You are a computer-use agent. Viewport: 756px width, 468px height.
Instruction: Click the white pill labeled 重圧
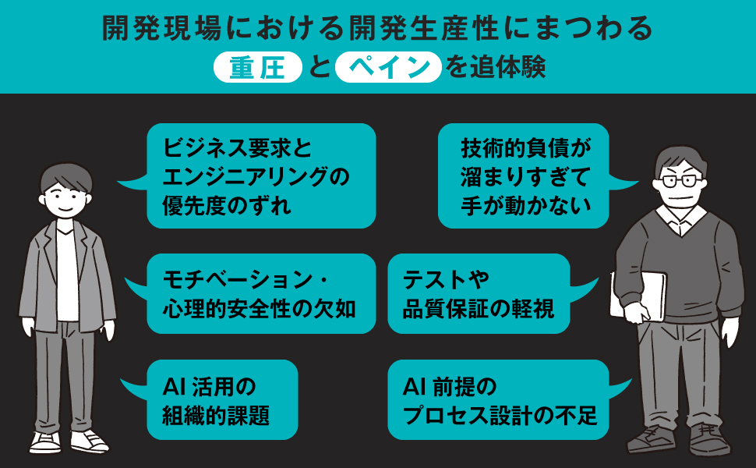coord(257,67)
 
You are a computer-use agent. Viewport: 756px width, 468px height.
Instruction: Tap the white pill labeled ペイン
coord(388,67)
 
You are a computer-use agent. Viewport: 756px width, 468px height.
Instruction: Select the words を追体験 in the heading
coord(495,67)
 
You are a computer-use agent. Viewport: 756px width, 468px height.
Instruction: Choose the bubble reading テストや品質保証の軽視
coord(482,293)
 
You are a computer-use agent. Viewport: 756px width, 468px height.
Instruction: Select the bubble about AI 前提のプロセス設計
coord(501,399)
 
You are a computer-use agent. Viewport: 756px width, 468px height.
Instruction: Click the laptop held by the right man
coord(638,296)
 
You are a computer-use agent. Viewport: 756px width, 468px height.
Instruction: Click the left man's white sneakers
coord(69,441)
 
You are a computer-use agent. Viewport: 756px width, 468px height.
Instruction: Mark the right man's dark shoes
coord(679,439)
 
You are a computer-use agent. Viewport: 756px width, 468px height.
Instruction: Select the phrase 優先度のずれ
coord(227,206)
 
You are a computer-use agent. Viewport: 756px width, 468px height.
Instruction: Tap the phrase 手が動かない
coord(526,205)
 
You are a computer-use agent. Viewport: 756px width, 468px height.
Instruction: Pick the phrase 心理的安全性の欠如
coord(260,309)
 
